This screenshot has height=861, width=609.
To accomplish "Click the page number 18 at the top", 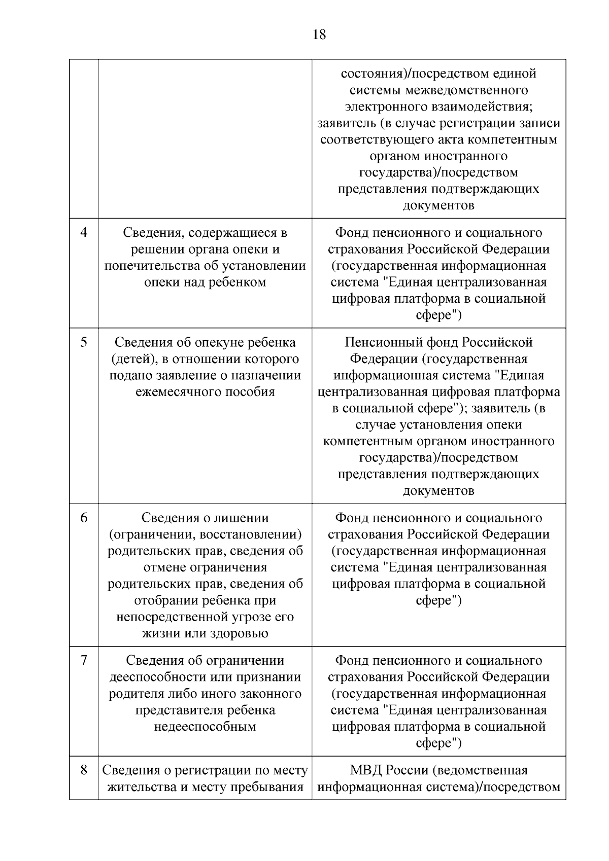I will (319, 35).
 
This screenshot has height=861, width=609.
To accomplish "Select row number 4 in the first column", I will (84, 233).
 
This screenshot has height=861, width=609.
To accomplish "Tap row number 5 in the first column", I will (84, 342).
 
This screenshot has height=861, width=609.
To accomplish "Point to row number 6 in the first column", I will (84, 518).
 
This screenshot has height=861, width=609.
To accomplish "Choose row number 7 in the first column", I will (84, 660).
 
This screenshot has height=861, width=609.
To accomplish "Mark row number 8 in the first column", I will (84, 770).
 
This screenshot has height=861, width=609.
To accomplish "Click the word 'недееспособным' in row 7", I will (205, 726).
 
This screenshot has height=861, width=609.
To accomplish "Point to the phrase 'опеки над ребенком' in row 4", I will (205, 282).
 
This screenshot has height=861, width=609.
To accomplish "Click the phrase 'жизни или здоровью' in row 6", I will (205, 633).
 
